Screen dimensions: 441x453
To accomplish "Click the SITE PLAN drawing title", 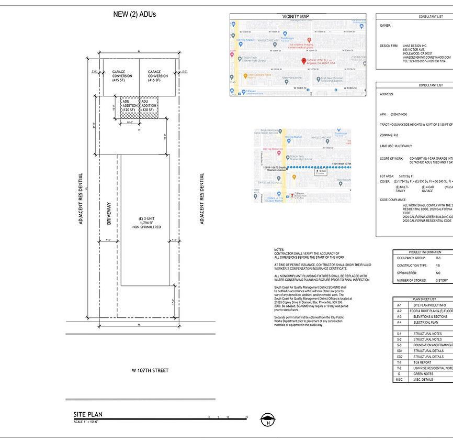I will [x=88, y=415].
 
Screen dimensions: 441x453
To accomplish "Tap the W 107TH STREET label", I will [x=150, y=371].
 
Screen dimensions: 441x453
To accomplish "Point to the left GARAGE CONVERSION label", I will [x=122, y=76].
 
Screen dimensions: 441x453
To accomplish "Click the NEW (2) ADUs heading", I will [x=134, y=14].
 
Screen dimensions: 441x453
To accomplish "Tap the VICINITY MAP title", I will [x=296, y=17].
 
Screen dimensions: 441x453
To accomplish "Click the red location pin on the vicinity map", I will [x=304, y=61].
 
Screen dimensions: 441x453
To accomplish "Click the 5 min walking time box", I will [x=317, y=171].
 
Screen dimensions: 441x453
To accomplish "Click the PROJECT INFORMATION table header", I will [x=424, y=252].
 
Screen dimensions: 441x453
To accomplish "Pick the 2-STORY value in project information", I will [x=441, y=280].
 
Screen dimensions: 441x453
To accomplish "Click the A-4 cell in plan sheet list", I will [x=399, y=323].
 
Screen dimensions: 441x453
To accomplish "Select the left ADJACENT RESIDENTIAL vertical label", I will [x=81, y=199].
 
